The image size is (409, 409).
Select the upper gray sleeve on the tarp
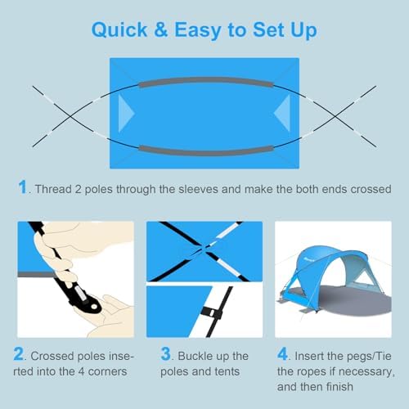[x=204, y=83]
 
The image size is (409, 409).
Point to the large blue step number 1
[x=22, y=187]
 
